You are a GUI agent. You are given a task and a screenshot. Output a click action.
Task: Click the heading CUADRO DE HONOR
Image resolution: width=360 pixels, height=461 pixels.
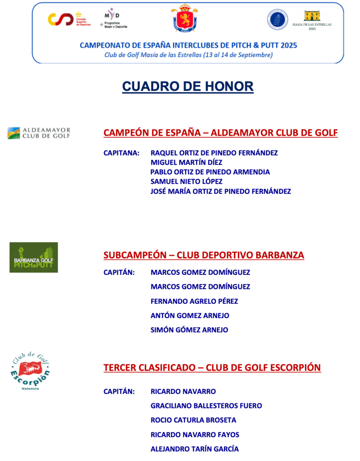(187, 86)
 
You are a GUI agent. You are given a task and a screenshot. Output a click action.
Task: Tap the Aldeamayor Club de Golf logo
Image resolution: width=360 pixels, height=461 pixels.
(39, 133)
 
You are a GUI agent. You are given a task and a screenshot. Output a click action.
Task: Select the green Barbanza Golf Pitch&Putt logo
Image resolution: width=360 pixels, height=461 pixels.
(34, 257)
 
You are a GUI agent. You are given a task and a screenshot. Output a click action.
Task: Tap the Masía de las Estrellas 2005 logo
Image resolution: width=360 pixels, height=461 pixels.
(312, 20)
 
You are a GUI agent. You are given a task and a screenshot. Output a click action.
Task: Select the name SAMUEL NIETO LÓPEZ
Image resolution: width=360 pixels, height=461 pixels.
(187, 182)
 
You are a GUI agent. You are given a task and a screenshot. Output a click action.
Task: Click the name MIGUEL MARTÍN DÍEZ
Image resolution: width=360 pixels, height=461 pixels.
(186, 162)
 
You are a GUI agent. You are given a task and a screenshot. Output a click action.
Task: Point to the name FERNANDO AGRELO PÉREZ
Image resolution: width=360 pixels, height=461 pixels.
(194, 301)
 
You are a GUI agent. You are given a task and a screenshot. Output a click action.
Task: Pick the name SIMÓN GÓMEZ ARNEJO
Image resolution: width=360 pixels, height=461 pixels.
(189, 330)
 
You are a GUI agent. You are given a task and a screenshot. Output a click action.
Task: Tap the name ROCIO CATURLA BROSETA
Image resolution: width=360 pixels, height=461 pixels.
(193, 420)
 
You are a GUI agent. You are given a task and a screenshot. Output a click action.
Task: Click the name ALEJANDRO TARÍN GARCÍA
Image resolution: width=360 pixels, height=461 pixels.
(195, 449)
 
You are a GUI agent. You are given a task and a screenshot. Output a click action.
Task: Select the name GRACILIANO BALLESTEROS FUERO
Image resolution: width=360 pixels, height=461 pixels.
(206, 406)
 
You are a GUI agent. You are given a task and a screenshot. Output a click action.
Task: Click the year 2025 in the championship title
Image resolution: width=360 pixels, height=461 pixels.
(288, 46)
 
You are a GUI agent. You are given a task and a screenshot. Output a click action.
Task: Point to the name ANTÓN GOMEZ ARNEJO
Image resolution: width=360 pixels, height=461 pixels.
(190, 315)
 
